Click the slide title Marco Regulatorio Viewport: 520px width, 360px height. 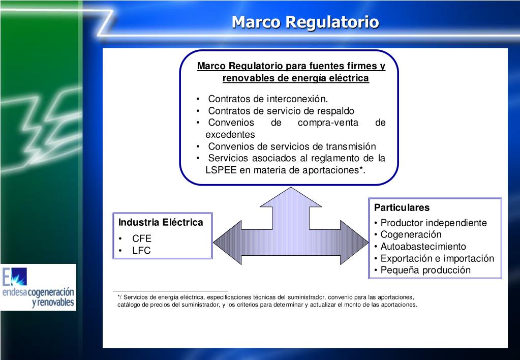[x=305, y=22]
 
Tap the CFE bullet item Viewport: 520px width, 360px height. [x=142, y=238]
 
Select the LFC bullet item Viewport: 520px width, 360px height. [x=141, y=251]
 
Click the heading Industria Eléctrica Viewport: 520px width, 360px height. [x=161, y=222]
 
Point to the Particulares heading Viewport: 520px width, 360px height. [x=402, y=207]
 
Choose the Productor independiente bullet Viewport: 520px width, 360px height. [x=434, y=223]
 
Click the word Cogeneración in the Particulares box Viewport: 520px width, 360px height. [x=411, y=234]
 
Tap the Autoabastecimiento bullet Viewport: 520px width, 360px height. [x=423, y=247]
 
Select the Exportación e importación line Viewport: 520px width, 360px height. [x=437, y=258]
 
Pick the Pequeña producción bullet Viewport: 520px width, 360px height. [x=425, y=270]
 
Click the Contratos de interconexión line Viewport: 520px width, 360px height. [x=268, y=99]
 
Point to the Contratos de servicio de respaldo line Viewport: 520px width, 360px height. [x=281, y=111]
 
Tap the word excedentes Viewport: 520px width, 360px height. [x=230, y=135]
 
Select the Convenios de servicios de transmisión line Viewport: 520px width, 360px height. [x=292, y=146]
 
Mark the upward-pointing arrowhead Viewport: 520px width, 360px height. [x=291, y=197]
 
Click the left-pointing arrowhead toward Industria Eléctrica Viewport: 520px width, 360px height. [x=228, y=243]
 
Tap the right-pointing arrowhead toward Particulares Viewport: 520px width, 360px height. [x=354, y=243]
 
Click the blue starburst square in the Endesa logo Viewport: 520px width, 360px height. [x=18, y=277]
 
